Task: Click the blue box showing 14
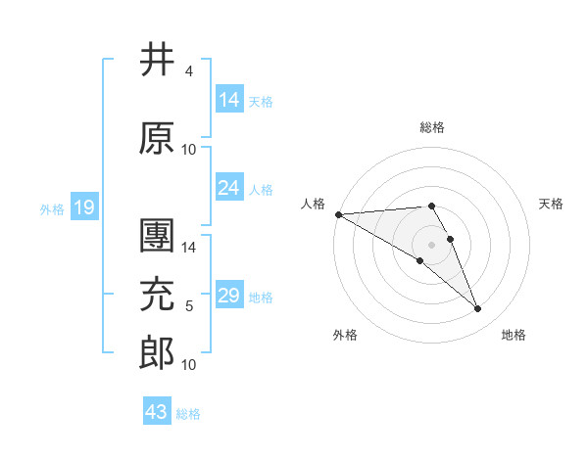(229, 100)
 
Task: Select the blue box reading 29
(229, 296)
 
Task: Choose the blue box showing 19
(83, 207)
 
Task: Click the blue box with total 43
(156, 412)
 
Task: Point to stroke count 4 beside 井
(188, 71)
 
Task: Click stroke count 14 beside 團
(189, 248)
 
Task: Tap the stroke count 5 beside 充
(188, 306)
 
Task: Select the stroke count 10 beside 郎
(189, 365)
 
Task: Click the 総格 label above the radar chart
(431, 127)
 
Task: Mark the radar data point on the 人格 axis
(338, 214)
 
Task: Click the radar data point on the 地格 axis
(478, 309)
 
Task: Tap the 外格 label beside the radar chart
(345, 335)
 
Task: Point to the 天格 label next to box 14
(261, 101)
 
